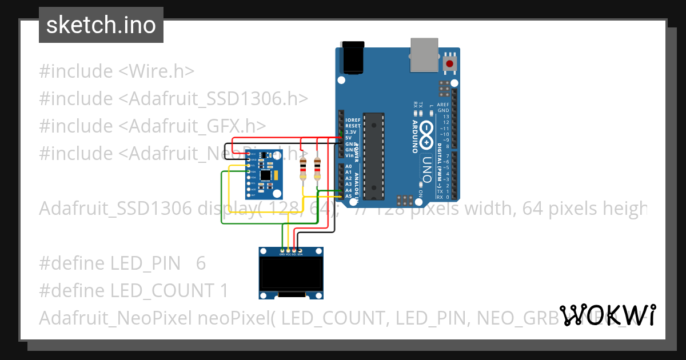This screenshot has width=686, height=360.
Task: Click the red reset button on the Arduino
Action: coord(450,63)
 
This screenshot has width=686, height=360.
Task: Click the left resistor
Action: coord(303,168)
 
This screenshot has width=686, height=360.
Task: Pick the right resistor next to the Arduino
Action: coord(318,168)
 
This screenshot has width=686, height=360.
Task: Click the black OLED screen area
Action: coord(291,273)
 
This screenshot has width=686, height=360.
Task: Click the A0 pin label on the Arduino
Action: coord(349,166)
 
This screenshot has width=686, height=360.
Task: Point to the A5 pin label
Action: coord(349,197)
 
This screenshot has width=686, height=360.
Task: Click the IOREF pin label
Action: coord(353,119)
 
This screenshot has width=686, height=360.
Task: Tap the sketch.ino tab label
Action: coord(101,25)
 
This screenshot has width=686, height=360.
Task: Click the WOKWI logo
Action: coord(607,315)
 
